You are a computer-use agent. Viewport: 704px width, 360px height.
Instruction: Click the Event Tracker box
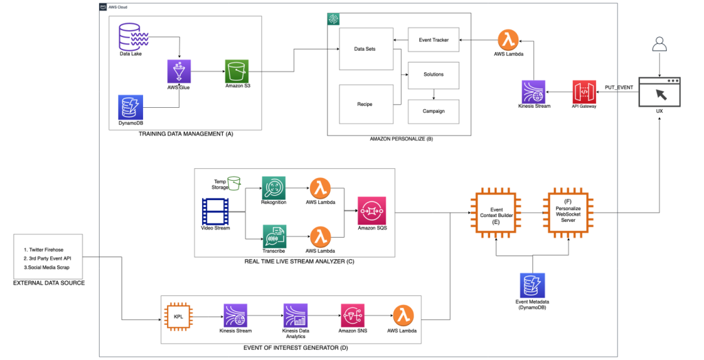433,40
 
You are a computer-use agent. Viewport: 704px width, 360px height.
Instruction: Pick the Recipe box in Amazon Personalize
366,104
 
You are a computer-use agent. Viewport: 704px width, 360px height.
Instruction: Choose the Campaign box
433,111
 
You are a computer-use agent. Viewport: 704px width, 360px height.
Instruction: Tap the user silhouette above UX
660,45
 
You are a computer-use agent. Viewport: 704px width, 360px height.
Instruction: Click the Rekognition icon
272,188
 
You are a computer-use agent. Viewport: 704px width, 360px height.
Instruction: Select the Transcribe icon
272,236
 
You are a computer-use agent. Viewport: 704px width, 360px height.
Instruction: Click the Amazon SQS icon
371,211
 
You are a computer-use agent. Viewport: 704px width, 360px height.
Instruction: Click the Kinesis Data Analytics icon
294,316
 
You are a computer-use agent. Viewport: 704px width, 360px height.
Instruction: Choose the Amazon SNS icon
352,316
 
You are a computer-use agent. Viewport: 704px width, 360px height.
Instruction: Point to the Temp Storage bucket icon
234,183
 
